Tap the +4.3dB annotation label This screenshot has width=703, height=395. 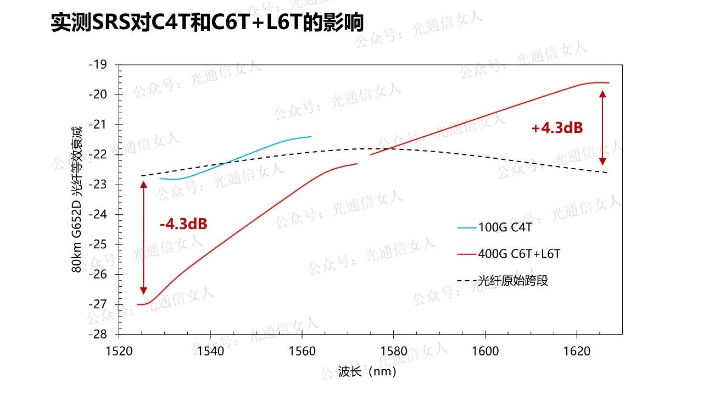[x=557, y=128]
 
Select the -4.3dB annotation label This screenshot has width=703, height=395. [x=183, y=224]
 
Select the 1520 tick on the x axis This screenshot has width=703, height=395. [x=119, y=350]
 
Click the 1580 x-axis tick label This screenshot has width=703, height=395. [x=394, y=350]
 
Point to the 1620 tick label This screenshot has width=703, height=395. [x=577, y=350]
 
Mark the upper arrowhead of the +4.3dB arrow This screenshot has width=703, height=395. [x=602, y=94]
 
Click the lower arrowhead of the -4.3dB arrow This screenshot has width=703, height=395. [x=144, y=291]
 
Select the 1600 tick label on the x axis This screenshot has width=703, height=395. [x=486, y=350]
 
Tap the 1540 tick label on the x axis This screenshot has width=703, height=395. [x=210, y=350]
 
